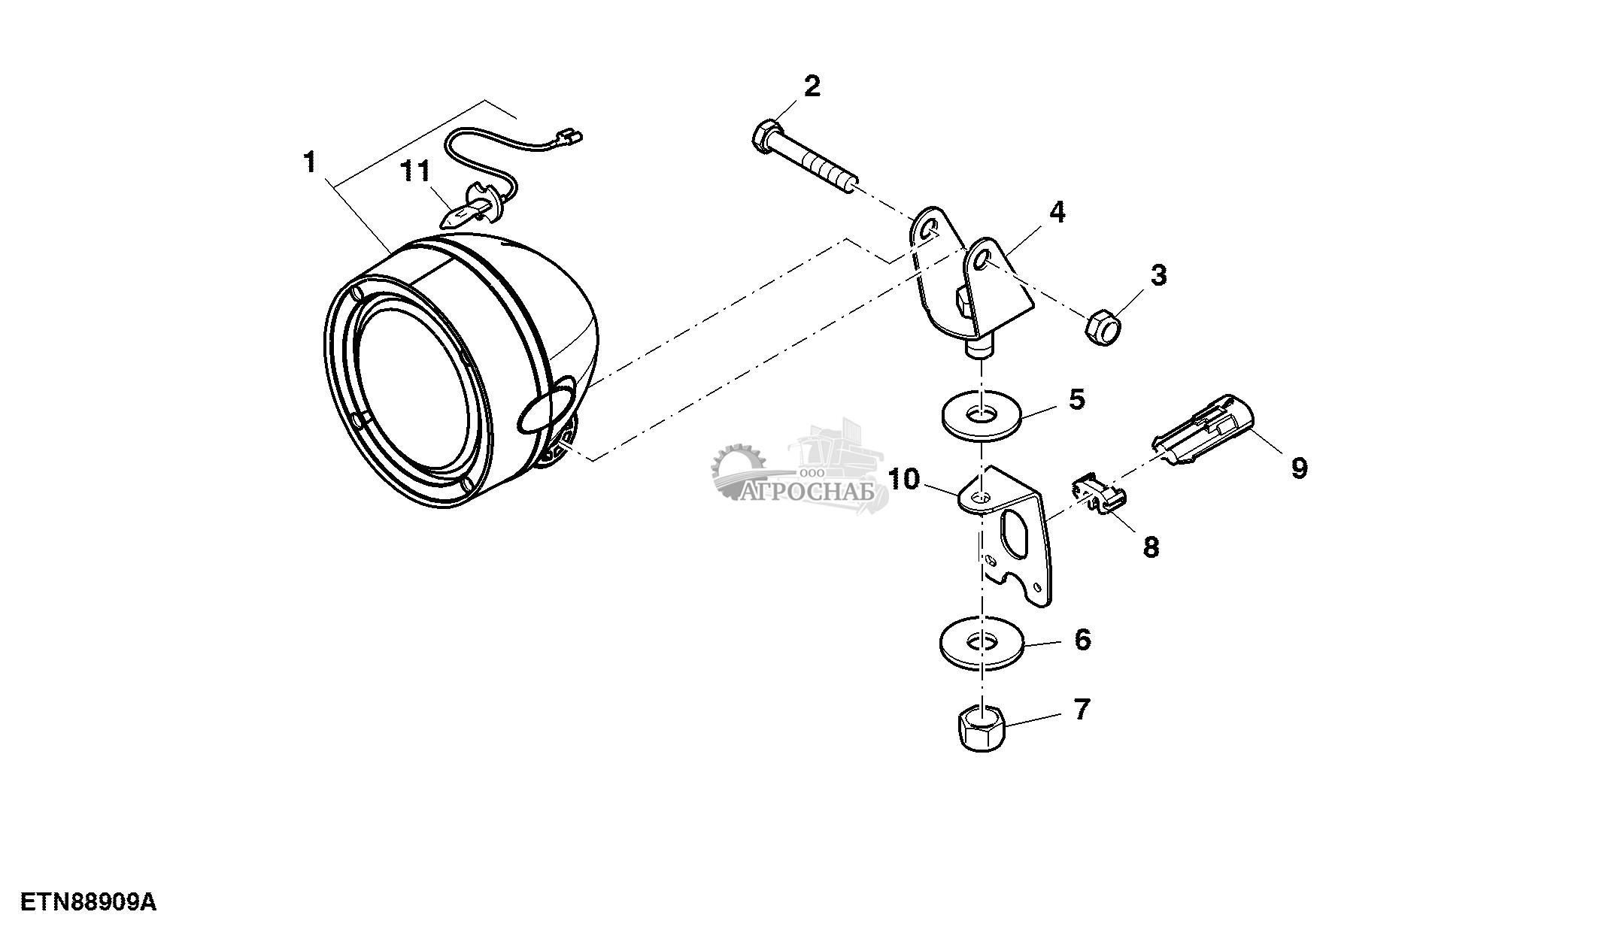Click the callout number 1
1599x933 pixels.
[310, 162]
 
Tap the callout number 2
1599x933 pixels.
[812, 86]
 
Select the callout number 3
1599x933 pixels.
[1159, 275]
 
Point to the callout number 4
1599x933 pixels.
[1057, 213]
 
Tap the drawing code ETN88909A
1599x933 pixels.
[88, 902]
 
